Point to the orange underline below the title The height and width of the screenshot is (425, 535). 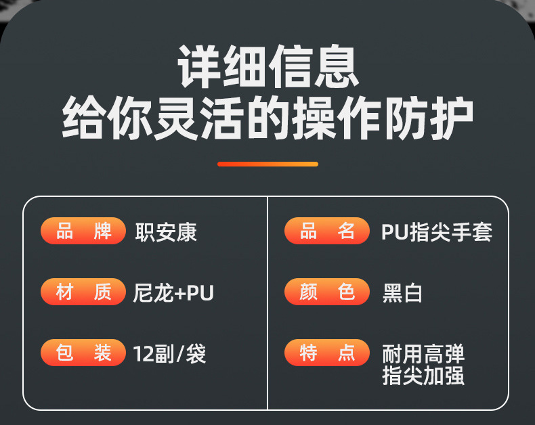(x=267, y=164)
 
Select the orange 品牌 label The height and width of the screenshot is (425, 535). (x=83, y=231)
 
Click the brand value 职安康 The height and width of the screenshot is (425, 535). (x=166, y=232)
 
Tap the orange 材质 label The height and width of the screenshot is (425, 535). (x=83, y=292)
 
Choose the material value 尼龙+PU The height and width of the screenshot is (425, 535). (x=174, y=293)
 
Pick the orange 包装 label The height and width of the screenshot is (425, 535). (x=83, y=353)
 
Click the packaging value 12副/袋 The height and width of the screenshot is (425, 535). (x=170, y=353)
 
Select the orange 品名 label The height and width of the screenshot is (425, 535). (x=327, y=231)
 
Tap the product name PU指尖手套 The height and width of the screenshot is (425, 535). (x=437, y=232)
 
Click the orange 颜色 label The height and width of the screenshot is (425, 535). (x=327, y=292)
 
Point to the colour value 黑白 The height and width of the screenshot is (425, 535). (x=403, y=293)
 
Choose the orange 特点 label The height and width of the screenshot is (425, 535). (x=327, y=353)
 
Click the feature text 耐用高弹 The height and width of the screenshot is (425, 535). (x=423, y=354)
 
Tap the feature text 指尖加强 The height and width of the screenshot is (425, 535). (x=423, y=376)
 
